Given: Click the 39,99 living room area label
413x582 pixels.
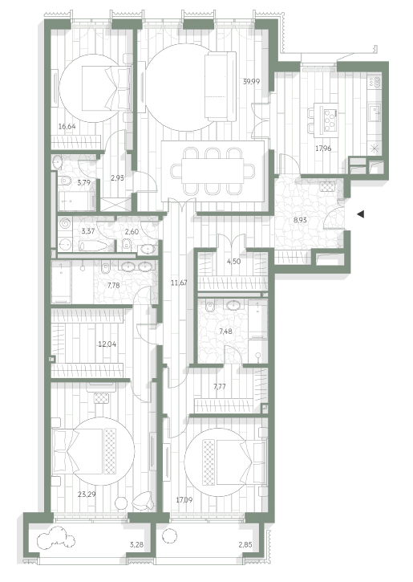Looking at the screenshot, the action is [x=251, y=82].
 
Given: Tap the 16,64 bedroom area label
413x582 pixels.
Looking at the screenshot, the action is [x=67, y=126].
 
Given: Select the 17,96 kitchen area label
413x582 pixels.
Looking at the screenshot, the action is [x=323, y=149].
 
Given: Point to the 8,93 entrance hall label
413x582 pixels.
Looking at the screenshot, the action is [x=300, y=220].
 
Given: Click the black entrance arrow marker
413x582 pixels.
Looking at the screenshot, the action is [x=360, y=214].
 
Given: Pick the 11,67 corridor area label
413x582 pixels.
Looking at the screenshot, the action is [x=179, y=283].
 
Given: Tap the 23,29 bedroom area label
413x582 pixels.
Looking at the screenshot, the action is [x=87, y=494].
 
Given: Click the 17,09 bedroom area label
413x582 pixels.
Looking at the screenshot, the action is [x=184, y=500].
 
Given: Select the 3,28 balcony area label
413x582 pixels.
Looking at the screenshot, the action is [x=137, y=545].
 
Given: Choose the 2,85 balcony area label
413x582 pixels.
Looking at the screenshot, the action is [x=246, y=545].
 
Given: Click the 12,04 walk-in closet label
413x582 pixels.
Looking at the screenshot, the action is [x=107, y=344].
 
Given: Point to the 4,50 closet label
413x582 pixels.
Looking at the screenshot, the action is [x=233, y=262].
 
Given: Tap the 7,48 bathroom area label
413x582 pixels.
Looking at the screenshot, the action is [x=225, y=332].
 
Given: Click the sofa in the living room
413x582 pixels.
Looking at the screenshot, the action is [x=221, y=86].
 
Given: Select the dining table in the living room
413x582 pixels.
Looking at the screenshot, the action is [x=213, y=171].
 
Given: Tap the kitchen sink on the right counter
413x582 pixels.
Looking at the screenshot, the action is [x=375, y=111].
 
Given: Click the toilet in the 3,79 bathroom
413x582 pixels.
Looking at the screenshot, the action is [x=66, y=181].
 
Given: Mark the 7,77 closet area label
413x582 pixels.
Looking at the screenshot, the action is [x=220, y=387].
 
